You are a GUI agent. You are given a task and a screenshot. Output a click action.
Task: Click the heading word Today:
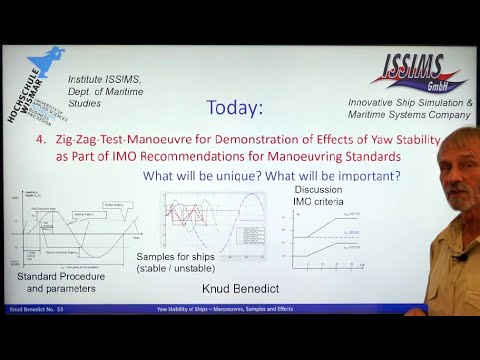pyautogui.click(x=234, y=107)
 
